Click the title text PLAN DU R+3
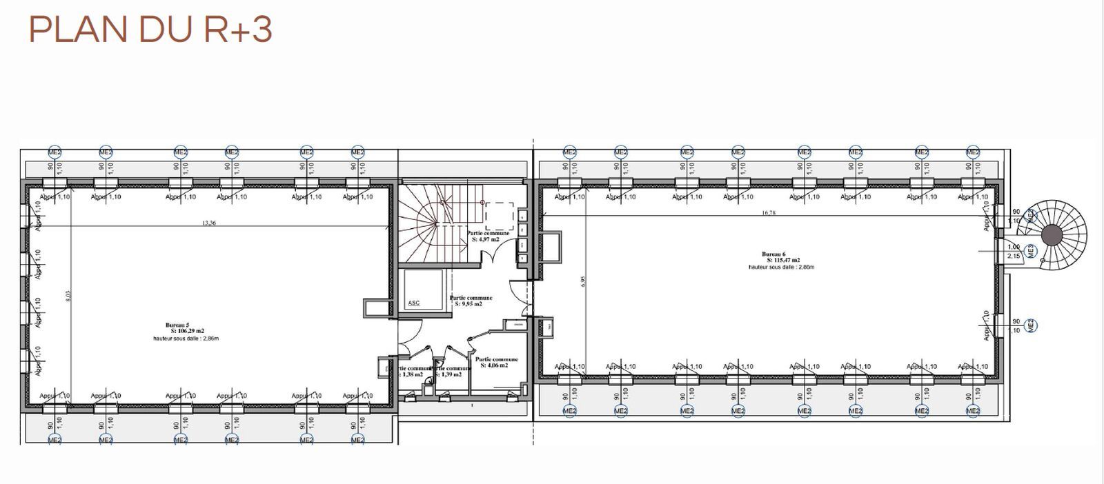coord(150,30)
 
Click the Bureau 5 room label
coord(177,325)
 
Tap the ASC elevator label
coord(414,303)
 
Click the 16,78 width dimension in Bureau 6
coord(769,213)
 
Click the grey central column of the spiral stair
coord(1052,234)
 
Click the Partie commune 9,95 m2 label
coord(466,301)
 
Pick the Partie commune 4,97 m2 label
coord(488,236)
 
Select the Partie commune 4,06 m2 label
coord(496,362)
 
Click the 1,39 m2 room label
coord(451,374)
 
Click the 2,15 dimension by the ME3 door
coord(1014,256)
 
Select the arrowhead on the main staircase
coord(484,203)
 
